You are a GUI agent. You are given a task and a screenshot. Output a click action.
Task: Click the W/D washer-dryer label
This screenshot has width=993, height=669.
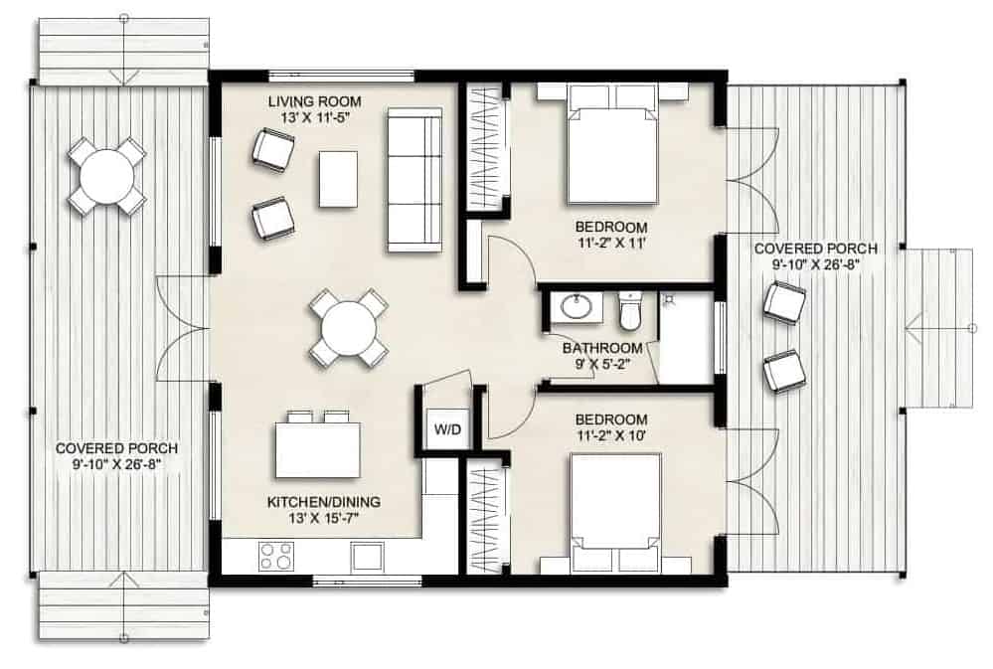pos(447,429)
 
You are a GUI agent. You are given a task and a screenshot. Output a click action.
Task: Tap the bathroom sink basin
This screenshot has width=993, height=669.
pos(577,308)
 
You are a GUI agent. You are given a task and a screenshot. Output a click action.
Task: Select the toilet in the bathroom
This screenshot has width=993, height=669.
pos(629,311)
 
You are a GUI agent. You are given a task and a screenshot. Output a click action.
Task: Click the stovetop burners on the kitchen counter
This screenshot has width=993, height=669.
pos(276,557)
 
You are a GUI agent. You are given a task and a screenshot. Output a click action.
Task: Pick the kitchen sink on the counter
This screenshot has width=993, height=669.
pos(368,557)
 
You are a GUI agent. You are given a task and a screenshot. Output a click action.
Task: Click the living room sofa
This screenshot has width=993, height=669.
pos(414,180)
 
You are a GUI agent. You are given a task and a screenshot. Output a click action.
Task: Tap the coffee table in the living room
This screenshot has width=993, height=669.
pos(338,179)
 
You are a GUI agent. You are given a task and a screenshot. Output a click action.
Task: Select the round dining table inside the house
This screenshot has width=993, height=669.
pos(348,328)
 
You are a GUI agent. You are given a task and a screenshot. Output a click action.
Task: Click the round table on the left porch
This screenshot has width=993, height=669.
pos(107,176)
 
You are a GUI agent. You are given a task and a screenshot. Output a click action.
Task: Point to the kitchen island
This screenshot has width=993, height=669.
pos(318,449)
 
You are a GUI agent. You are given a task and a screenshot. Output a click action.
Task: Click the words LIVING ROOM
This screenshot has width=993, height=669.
pos(314,101)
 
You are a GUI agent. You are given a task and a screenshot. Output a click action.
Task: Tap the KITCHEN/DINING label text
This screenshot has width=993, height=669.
pos(324,502)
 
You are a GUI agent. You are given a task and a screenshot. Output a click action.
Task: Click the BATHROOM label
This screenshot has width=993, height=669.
pos(602,348)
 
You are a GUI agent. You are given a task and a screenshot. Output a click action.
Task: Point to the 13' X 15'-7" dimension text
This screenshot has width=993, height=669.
pos(324,518)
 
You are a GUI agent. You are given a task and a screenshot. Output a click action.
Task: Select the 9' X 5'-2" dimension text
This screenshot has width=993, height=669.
pos(602,364)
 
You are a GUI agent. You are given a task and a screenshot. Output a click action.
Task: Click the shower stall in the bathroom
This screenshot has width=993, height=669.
pos(687,338)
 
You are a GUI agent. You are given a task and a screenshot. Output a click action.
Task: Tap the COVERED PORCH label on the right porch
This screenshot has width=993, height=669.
pos(816,249)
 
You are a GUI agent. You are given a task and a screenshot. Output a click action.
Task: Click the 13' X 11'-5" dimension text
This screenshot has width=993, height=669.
pos(314,118)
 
